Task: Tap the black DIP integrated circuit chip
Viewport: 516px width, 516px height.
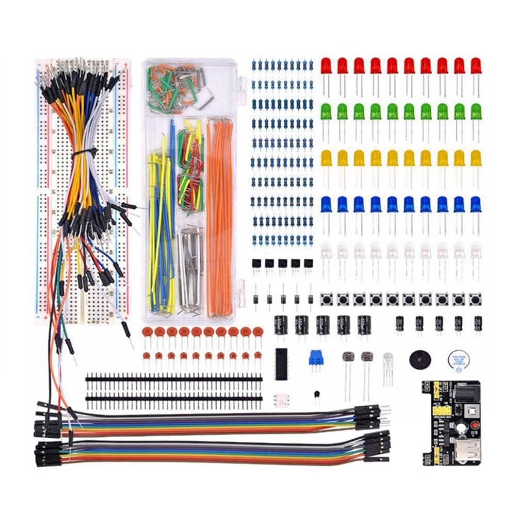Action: tap(281, 364)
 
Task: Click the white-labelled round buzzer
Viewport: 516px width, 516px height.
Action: tap(459, 360)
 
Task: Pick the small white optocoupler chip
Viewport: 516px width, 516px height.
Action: tap(282, 400)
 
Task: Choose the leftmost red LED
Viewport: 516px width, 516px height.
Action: tap(326, 66)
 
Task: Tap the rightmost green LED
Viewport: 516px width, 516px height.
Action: tap(476, 111)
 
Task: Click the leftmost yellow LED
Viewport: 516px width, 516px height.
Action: tap(326, 158)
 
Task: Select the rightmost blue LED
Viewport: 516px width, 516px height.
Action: tap(476, 204)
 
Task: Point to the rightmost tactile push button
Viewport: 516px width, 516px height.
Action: tap(475, 299)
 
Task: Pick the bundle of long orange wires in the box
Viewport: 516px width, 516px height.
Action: tap(219, 217)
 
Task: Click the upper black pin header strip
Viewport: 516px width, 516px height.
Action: tap(173, 379)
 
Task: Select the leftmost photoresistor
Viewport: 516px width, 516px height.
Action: tap(348, 357)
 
